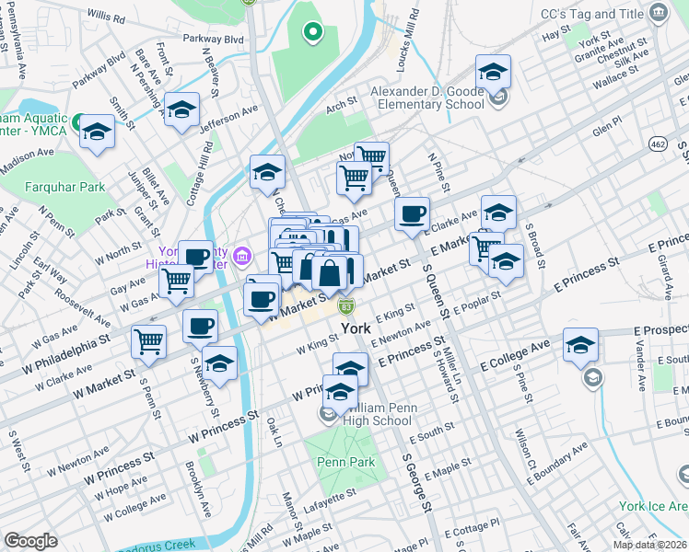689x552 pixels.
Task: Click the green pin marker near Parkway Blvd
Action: [313, 34]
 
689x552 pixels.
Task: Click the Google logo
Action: [30, 541]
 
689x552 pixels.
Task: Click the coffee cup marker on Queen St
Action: [413, 213]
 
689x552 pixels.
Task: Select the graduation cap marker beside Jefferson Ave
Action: [181, 110]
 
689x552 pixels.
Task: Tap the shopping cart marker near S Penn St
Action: [148, 341]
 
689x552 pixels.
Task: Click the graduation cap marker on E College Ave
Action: [580, 347]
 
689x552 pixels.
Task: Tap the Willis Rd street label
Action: [108, 17]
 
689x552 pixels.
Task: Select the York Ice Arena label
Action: [653, 506]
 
